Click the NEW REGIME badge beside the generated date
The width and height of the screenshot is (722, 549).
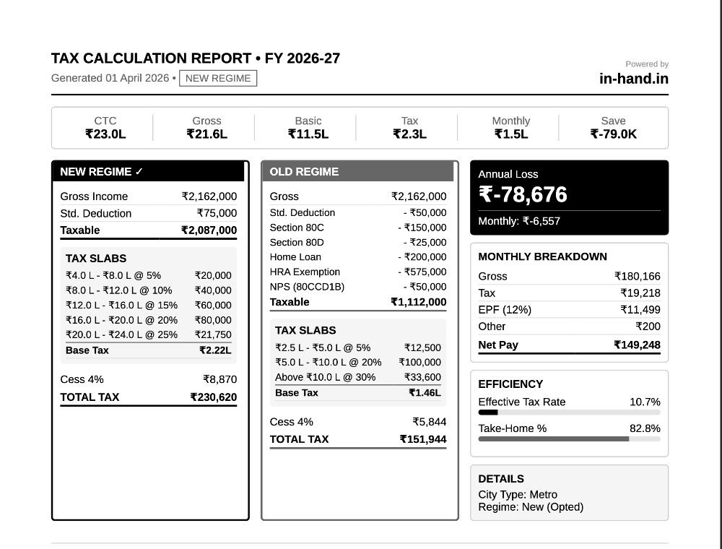pos(218,78)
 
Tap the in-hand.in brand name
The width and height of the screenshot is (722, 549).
pos(634,79)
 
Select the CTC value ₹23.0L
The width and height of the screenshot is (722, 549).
pos(105,134)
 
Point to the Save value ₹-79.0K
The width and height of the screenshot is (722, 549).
pos(613,134)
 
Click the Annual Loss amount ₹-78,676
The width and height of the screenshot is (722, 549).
pos(523,194)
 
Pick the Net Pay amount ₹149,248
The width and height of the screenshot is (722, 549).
pos(638,345)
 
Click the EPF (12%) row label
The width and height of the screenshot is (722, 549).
pos(505,310)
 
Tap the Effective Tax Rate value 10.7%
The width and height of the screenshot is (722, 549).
pos(645,402)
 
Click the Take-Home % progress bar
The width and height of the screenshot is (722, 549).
pos(569,439)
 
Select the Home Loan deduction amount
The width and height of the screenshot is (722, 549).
pos(422,257)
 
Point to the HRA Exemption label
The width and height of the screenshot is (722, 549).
pos(305,272)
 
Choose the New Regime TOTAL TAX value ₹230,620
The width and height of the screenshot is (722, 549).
pos(214,397)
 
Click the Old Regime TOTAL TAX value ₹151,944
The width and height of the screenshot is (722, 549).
pos(423,439)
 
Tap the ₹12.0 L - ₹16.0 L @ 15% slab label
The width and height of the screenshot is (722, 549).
pos(121,306)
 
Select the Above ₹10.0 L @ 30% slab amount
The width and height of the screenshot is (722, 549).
pos(422,377)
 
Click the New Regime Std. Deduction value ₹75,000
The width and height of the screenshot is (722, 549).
pos(217,213)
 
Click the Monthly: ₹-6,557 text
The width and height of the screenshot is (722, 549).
pos(519,221)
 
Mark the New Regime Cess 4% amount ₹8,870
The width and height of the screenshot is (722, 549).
pos(220,379)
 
